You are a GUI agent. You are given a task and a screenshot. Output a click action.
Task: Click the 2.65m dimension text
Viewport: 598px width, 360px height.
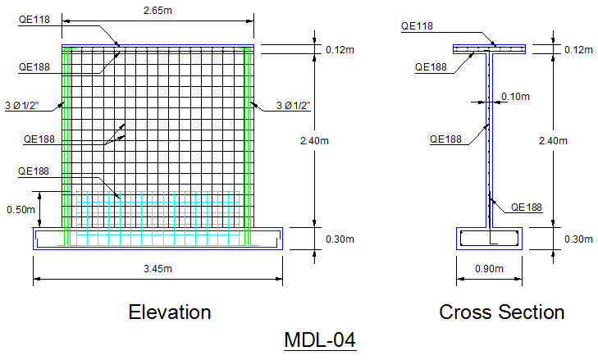click(157, 11)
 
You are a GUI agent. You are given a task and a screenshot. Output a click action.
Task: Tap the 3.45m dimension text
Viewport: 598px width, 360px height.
click(157, 269)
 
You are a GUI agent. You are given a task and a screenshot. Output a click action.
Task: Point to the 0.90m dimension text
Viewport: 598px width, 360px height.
click(489, 269)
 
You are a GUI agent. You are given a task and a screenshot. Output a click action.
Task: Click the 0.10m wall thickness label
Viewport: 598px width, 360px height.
click(514, 97)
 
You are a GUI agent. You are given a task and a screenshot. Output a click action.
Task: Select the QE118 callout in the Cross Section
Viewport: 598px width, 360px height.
click(416, 26)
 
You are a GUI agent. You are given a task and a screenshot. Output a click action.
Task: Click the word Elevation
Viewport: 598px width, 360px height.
click(170, 312)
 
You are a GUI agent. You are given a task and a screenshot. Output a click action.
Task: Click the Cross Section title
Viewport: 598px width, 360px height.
click(501, 312)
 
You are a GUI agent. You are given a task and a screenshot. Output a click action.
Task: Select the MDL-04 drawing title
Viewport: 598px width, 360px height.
click(320, 339)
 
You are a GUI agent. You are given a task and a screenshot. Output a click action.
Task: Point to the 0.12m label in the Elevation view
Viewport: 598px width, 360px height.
click(340, 50)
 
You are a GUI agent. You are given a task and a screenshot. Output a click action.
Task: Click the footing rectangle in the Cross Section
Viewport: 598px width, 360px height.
click(490, 239)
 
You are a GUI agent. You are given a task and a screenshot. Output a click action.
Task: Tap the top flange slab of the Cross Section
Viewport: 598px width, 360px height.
click(490, 50)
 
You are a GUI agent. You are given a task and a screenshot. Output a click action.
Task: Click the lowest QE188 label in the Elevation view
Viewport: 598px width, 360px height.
click(34, 171)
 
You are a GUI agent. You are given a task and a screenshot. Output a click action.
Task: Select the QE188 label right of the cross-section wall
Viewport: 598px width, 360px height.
click(526, 207)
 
